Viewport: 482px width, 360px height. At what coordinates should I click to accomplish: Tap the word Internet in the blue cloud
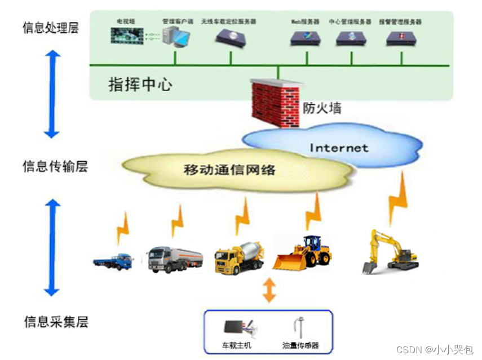click(338, 148)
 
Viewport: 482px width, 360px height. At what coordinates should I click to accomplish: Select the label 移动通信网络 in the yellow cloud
click(229, 168)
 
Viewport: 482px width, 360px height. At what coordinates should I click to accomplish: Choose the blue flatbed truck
click(113, 261)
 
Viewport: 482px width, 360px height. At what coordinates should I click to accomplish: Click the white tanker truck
click(174, 259)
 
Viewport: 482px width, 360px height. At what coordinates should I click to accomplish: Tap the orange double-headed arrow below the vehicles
click(269, 290)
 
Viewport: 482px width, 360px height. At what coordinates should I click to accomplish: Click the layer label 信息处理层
click(50, 28)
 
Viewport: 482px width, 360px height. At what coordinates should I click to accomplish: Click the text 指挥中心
click(140, 85)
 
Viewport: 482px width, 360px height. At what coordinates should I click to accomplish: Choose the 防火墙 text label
click(322, 108)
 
